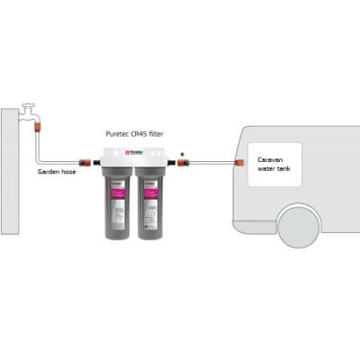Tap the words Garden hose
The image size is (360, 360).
57,171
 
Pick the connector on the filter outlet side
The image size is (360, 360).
179,163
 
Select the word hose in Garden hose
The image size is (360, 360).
68,171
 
